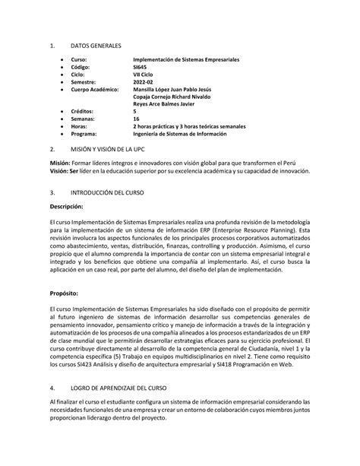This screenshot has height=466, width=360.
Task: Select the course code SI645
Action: [x=142, y=68]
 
